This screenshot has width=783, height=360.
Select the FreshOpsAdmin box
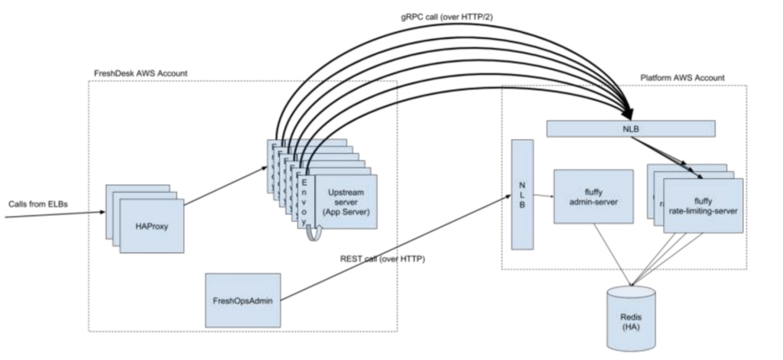(x=243, y=300)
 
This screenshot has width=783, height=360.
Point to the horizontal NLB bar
(x=631, y=128)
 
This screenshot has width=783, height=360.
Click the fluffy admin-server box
(x=593, y=196)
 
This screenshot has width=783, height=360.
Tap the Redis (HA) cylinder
(x=630, y=318)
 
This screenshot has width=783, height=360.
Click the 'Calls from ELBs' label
(x=37, y=205)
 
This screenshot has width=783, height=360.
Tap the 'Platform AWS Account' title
(x=682, y=78)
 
